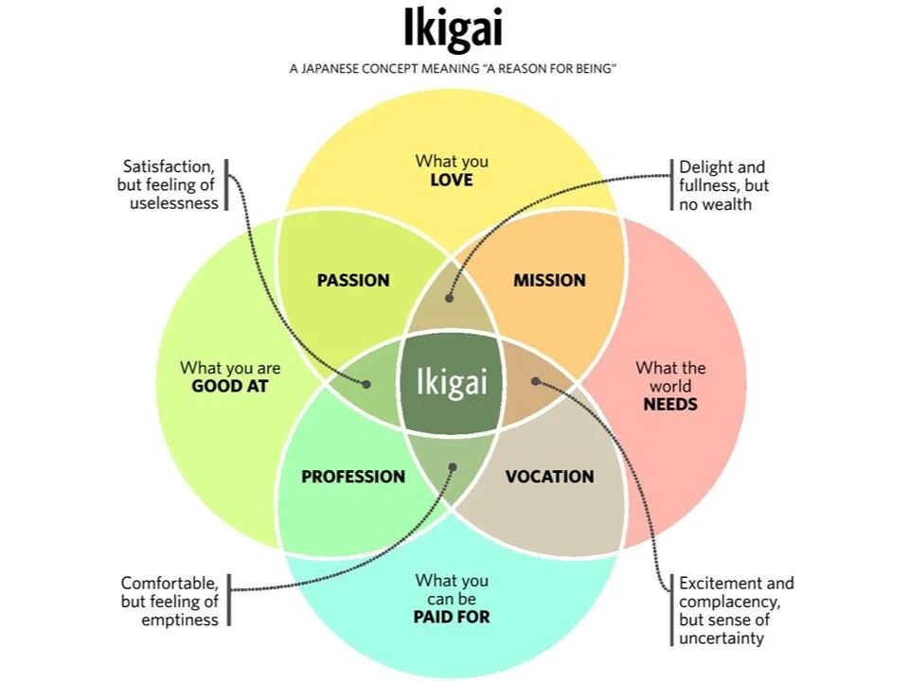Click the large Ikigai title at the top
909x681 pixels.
(453, 30)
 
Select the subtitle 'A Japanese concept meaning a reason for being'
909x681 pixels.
(454, 70)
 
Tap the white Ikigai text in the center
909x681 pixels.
(453, 381)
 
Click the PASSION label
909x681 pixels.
(353, 280)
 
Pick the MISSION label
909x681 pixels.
(549, 280)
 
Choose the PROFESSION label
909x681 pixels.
(353, 477)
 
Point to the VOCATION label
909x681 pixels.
(549, 477)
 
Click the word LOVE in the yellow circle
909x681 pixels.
(451, 180)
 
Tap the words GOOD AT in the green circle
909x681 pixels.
(230, 386)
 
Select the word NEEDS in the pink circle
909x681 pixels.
(670, 404)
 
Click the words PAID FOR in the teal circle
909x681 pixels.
(452, 618)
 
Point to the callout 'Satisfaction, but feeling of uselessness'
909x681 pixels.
(169, 184)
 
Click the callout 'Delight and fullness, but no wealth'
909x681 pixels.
(723, 185)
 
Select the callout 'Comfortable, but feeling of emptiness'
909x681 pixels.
(169, 601)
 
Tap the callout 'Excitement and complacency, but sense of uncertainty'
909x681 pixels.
(736, 610)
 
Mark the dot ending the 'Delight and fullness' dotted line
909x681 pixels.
(450, 298)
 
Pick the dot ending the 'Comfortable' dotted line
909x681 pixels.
(452, 466)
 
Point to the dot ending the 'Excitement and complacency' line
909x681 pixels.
(535, 382)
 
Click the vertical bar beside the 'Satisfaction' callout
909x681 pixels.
(227, 184)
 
